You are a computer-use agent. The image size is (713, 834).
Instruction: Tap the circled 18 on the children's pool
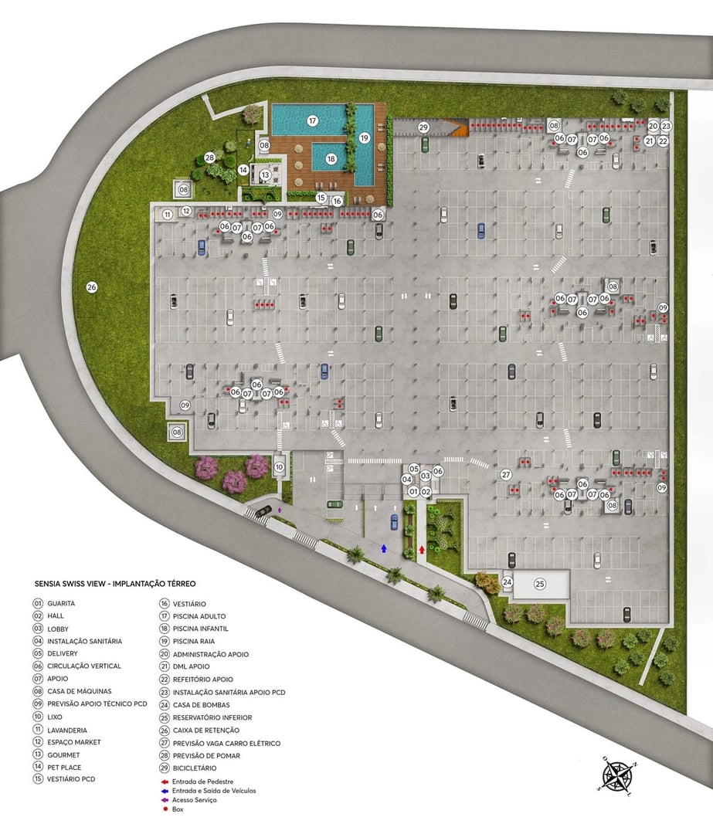click(331, 159)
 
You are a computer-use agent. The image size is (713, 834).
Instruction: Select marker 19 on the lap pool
click(364, 137)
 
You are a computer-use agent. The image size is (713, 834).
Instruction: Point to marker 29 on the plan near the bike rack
click(423, 127)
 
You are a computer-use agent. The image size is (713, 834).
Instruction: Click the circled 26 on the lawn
click(92, 287)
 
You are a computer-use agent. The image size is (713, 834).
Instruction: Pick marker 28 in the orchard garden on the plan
click(209, 158)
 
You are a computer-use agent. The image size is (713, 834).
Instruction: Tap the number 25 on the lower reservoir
click(540, 584)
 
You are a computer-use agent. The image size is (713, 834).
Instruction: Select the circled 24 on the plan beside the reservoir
click(508, 581)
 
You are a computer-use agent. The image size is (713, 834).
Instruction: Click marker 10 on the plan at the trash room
click(279, 466)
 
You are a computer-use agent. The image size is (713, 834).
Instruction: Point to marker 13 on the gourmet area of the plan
click(265, 175)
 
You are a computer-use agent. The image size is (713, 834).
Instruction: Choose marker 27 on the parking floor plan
click(506, 474)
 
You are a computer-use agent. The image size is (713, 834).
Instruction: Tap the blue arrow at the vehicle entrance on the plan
click(384, 548)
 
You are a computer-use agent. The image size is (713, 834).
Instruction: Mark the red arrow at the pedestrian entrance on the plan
click(421, 550)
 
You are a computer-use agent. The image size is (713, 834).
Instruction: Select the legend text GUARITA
click(61, 603)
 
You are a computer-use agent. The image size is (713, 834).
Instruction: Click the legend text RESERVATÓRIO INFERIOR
click(212, 717)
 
